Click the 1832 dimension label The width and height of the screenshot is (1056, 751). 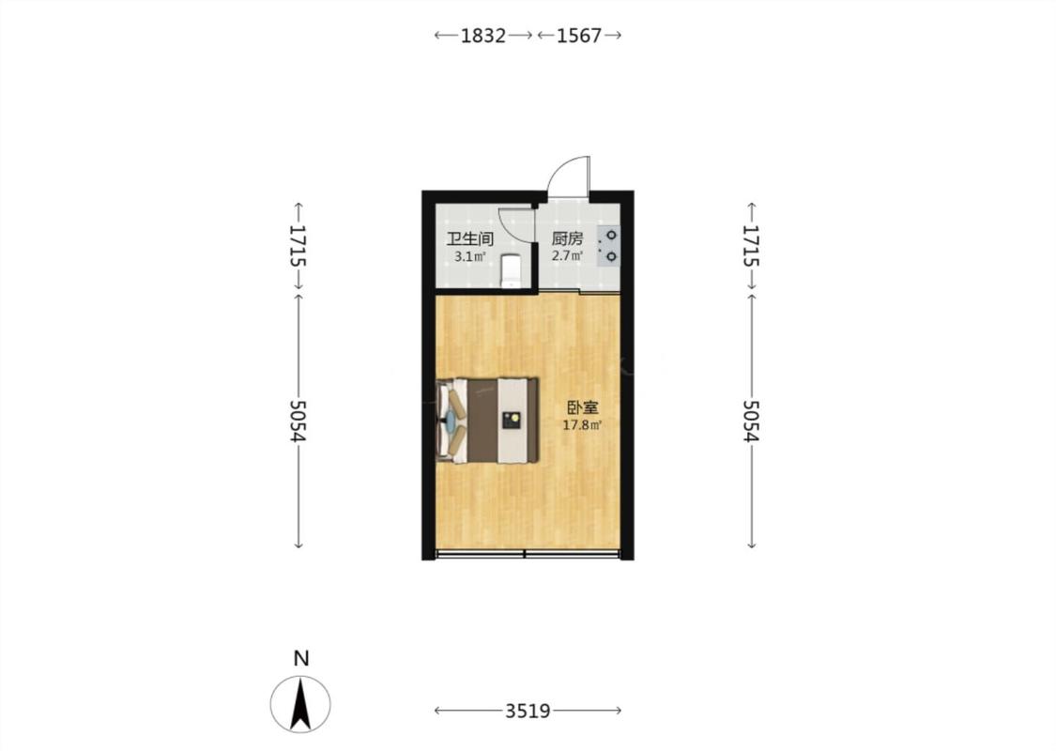click(x=482, y=35)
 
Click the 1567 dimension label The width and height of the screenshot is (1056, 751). click(x=578, y=35)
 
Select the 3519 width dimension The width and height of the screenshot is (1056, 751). click(x=528, y=711)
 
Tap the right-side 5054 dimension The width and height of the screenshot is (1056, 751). click(x=752, y=421)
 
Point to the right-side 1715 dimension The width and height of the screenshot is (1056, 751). click(x=752, y=245)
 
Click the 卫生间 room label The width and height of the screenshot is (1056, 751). click(x=470, y=239)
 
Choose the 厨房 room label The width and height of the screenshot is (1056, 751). click(x=567, y=239)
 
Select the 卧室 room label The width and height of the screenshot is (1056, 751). click(x=583, y=408)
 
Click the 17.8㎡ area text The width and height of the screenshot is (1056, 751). click(x=583, y=425)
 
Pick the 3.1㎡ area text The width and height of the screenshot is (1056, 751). click(x=469, y=256)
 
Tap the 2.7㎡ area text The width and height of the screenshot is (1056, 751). click(x=567, y=256)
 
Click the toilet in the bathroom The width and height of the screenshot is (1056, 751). click(x=512, y=270)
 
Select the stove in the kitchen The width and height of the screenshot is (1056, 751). click(x=608, y=246)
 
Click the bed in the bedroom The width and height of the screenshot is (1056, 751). click(x=488, y=421)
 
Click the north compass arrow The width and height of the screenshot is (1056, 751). click(x=300, y=704)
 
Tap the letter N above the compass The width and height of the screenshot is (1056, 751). click(x=301, y=658)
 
